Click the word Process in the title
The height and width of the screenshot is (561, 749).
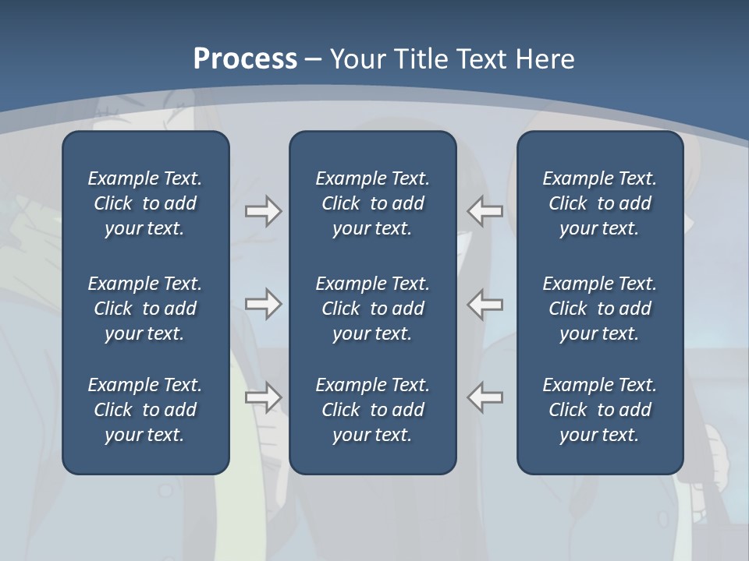[x=245, y=59]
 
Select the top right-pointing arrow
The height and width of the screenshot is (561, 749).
[x=263, y=211]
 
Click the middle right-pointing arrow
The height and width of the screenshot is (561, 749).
[x=263, y=304]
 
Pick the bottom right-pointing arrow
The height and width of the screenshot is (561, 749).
[x=263, y=397]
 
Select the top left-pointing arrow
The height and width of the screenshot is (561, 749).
[x=485, y=211]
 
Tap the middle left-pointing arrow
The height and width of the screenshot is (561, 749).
[x=485, y=304]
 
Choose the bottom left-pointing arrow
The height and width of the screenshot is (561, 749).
[x=485, y=397]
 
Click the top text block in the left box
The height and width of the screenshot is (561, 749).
[x=145, y=203]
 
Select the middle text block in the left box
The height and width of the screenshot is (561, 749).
[x=145, y=309]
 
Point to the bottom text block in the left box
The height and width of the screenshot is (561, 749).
[x=145, y=410]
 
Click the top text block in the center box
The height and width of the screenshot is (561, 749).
[x=372, y=203]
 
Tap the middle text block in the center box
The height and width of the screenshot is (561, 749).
[x=372, y=309]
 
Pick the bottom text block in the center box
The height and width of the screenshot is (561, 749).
[x=372, y=410]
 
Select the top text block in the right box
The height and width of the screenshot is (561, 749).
[x=599, y=203]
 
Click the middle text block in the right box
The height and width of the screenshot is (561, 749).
[x=599, y=309]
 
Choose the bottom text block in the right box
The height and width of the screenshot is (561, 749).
[x=599, y=410]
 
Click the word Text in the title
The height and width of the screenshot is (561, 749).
[x=481, y=59]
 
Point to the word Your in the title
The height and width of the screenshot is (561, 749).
[x=355, y=59]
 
